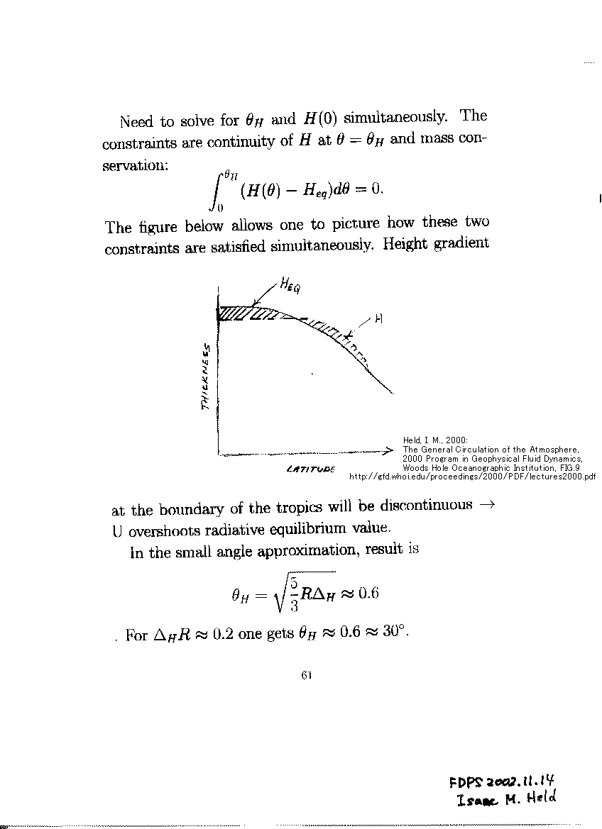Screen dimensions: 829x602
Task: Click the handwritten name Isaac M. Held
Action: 507,800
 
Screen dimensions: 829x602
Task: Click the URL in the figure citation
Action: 472,477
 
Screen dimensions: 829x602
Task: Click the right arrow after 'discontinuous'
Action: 486,506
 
